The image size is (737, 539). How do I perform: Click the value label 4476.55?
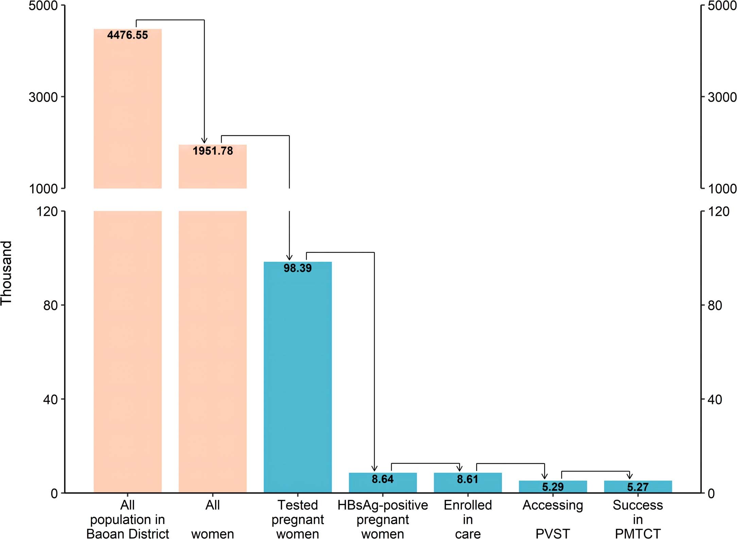(127, 35)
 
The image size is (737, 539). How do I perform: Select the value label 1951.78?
(213, 151)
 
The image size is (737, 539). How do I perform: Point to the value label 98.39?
(297, 268)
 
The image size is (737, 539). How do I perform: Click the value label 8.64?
(382, 479)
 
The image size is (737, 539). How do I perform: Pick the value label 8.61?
(467, 479)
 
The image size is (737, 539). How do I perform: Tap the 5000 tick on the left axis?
(43, 6)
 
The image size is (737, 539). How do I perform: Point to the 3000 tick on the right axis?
(722, 97)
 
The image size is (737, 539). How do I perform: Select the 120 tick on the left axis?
(47, 211)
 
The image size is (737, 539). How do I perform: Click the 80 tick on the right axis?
(715, 305)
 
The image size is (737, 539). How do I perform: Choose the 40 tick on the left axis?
(50, 399)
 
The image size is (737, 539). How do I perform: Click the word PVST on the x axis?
(553, 534)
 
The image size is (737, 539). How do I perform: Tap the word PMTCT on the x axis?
(638, 534)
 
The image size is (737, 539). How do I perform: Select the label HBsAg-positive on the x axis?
(382, 505)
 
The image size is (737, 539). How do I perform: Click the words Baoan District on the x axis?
(127, 534)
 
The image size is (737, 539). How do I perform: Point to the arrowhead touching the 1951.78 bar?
(204, 141)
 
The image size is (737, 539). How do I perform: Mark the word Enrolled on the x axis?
(468, 505)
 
